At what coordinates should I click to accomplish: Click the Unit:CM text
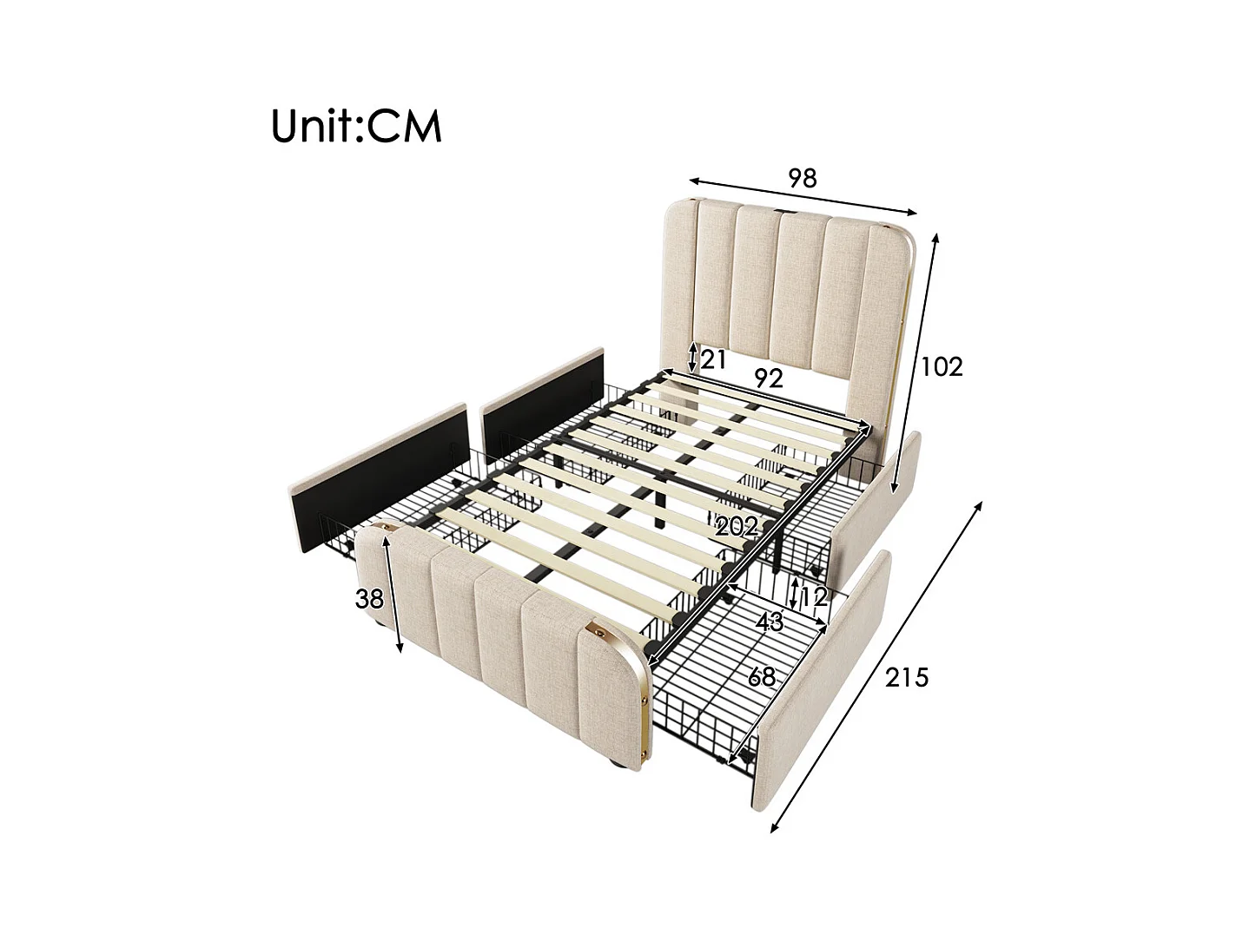(x=356, y=127)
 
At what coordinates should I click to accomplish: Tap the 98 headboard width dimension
(x=803, y=178)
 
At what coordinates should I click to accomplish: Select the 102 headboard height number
(x=942, y=367)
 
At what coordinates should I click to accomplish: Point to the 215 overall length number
(x=906, y=678)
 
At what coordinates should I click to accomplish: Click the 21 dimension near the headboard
(x=713, y=359)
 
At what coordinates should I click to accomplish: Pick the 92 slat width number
(x=768, y=378)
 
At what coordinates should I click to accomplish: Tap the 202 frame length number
(x=737, y=527)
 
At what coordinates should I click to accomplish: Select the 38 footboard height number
(x=370, y=599)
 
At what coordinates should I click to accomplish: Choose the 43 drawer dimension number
(x=769, y=622)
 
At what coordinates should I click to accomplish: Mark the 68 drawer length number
(x=762, y=677)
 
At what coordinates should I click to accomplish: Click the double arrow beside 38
(x=393, y=595)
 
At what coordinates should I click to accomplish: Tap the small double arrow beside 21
(x=692, y=358)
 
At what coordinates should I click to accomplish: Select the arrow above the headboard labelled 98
(x=803, y=197)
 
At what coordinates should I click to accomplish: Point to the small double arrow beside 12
(x=794, y=594)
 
